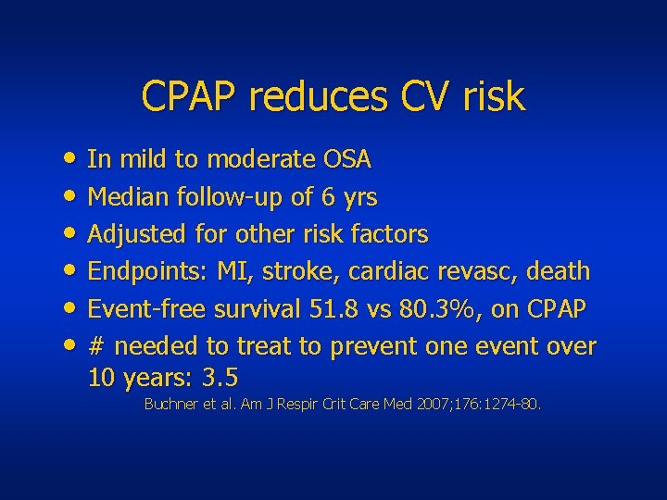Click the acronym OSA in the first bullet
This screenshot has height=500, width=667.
point(346,160)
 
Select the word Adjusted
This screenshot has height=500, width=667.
point(134,234)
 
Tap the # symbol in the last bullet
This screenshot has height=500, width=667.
point(95,346)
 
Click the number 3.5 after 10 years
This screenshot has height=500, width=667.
point(220,378)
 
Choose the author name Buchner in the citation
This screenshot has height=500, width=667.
point(172,405)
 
